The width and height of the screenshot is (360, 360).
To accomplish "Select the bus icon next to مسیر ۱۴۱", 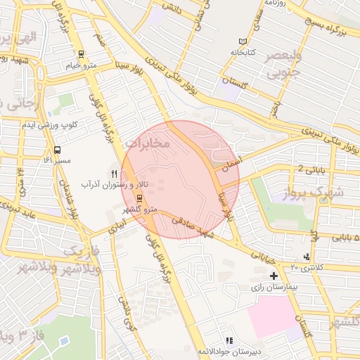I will coord(57,149).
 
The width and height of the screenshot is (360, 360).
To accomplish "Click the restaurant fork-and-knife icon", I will coord(114,173).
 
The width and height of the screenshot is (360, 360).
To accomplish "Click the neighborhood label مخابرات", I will coord(148,143).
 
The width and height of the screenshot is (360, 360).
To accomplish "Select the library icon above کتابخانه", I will coord(243,41).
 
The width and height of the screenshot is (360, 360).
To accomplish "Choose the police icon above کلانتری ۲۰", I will coord(306,257).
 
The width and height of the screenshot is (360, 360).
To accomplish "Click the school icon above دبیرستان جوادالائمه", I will coord(229,340).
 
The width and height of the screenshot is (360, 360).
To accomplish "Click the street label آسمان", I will coord(224,166).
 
